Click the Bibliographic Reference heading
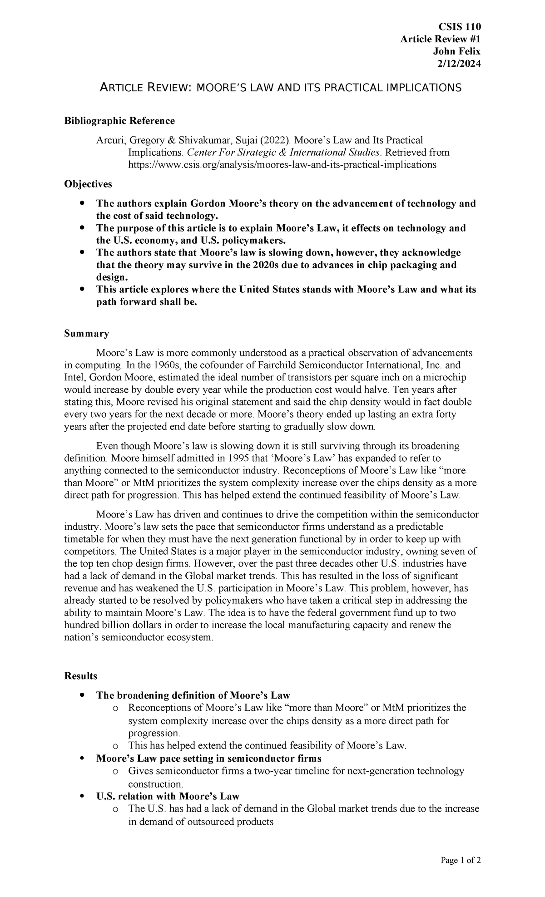pos(119,121)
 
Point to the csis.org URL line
pos(282,165)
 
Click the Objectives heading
pos(88,184)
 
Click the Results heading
pos(81,676)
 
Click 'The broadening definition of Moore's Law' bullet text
pos(193,695)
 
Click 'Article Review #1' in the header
pos(440,39)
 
